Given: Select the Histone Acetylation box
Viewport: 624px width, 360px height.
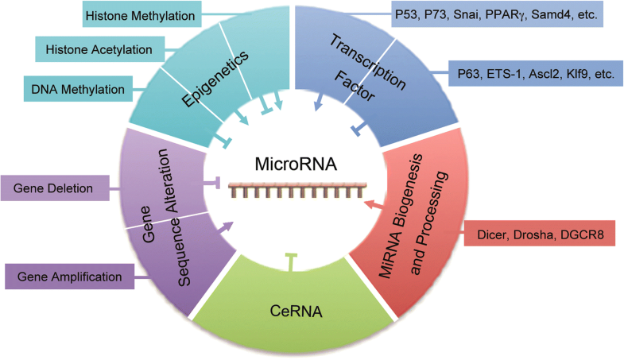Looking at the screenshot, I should tap(104, 50).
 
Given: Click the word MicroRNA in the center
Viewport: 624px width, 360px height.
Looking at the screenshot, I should tap(289, 166).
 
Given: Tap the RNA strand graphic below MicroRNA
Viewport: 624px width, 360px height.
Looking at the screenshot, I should tap(292, 192).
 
